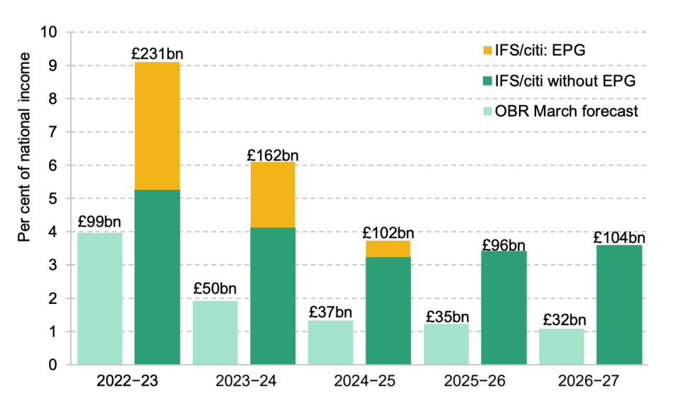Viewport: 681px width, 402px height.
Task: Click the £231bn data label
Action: coord(157,54)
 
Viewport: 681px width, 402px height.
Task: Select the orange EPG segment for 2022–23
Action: coord(157,126)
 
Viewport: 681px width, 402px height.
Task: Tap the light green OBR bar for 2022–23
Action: coord(100,298)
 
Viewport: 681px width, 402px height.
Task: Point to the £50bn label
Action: coord(215,288)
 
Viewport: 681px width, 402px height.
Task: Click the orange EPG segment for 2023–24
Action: coord(273,195)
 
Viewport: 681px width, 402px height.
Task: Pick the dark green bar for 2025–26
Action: coord(503,308)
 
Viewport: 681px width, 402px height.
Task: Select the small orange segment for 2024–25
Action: coord(388,249)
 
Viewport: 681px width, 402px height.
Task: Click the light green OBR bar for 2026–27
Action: coord(562,347)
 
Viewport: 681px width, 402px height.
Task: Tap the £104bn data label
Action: coord(619,238)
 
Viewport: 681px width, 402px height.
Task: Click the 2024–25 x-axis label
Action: coord(364,381)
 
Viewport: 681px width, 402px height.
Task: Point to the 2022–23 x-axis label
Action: coord(127,381)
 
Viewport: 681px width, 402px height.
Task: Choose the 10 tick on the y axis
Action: coord(48,32)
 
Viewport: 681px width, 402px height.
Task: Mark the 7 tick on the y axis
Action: coord(53,131)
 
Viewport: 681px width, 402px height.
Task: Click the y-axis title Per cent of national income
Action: coord(24,147)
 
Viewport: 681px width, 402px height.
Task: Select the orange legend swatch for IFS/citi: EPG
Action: coord(488,50)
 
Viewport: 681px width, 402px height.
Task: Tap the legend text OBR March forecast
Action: coord(567,112)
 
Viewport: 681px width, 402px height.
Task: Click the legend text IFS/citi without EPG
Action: coord(565,81)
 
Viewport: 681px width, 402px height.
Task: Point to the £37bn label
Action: coord(330,312)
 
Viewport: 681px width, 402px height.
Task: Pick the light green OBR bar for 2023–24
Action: coord(215,332)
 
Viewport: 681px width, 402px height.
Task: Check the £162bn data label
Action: coord(273,155)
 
